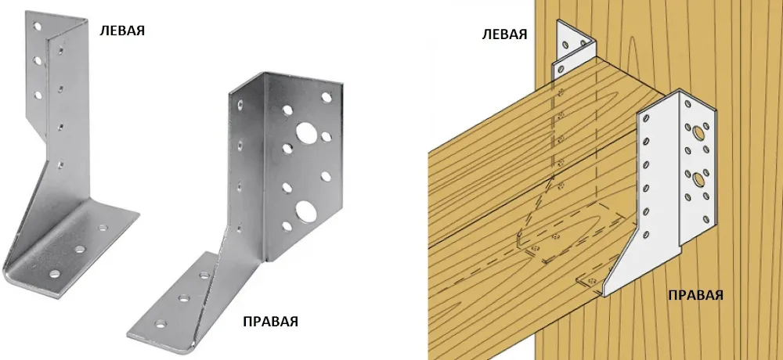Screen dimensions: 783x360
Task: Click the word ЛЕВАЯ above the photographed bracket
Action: (x=122, y=30)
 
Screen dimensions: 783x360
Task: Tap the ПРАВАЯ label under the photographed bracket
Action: (x=270, y=321)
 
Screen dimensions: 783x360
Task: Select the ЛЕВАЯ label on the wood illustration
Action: (x=505, y=34)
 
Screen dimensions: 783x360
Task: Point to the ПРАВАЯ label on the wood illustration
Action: (x=695, y=294)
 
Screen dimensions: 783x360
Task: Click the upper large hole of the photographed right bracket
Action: (x=304, y=131)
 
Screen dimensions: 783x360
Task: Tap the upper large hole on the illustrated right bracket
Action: (x=696, y=132)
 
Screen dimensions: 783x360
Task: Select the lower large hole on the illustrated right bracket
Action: (x=696, y=176)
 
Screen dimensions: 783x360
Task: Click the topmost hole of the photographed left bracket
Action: (x=37, y=27)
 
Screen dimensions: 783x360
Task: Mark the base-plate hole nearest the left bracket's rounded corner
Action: (x=55, y=274)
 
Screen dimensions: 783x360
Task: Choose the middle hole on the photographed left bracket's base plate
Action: (x=80, y=248)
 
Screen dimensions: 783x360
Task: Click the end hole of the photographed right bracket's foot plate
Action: (x=161, y=323)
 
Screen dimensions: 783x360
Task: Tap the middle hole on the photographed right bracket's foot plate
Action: (x=184, y=299)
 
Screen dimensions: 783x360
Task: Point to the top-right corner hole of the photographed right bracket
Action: (x=326, y=97)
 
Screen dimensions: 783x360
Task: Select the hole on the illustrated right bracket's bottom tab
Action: (x=593, y=281)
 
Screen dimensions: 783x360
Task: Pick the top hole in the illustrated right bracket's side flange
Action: (x=646, y=119)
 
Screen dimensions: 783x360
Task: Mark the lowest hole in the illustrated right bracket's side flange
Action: (x=646, y=234)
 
